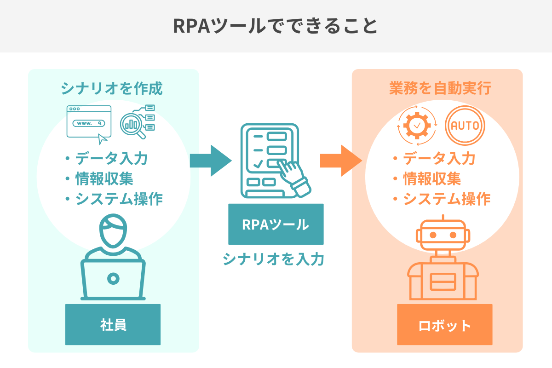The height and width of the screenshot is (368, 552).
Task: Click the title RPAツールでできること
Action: coord(276,26)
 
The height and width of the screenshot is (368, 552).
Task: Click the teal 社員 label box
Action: coord(113,324)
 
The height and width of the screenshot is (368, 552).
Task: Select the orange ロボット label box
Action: coord(445,325)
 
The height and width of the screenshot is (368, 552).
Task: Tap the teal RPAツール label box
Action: coord(276,224)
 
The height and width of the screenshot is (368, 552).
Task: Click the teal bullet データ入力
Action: coord(111,159)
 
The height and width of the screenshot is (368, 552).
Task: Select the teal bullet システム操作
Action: coord(118,199)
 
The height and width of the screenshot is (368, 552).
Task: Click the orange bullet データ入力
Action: coord(439,159)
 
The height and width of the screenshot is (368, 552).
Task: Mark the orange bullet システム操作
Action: coord(446,199)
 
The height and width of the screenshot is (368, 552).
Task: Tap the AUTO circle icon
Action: coord(465,125)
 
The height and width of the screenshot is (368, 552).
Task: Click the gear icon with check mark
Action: coord(417,125)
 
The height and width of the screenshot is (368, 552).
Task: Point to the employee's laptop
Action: coord(113,279)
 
